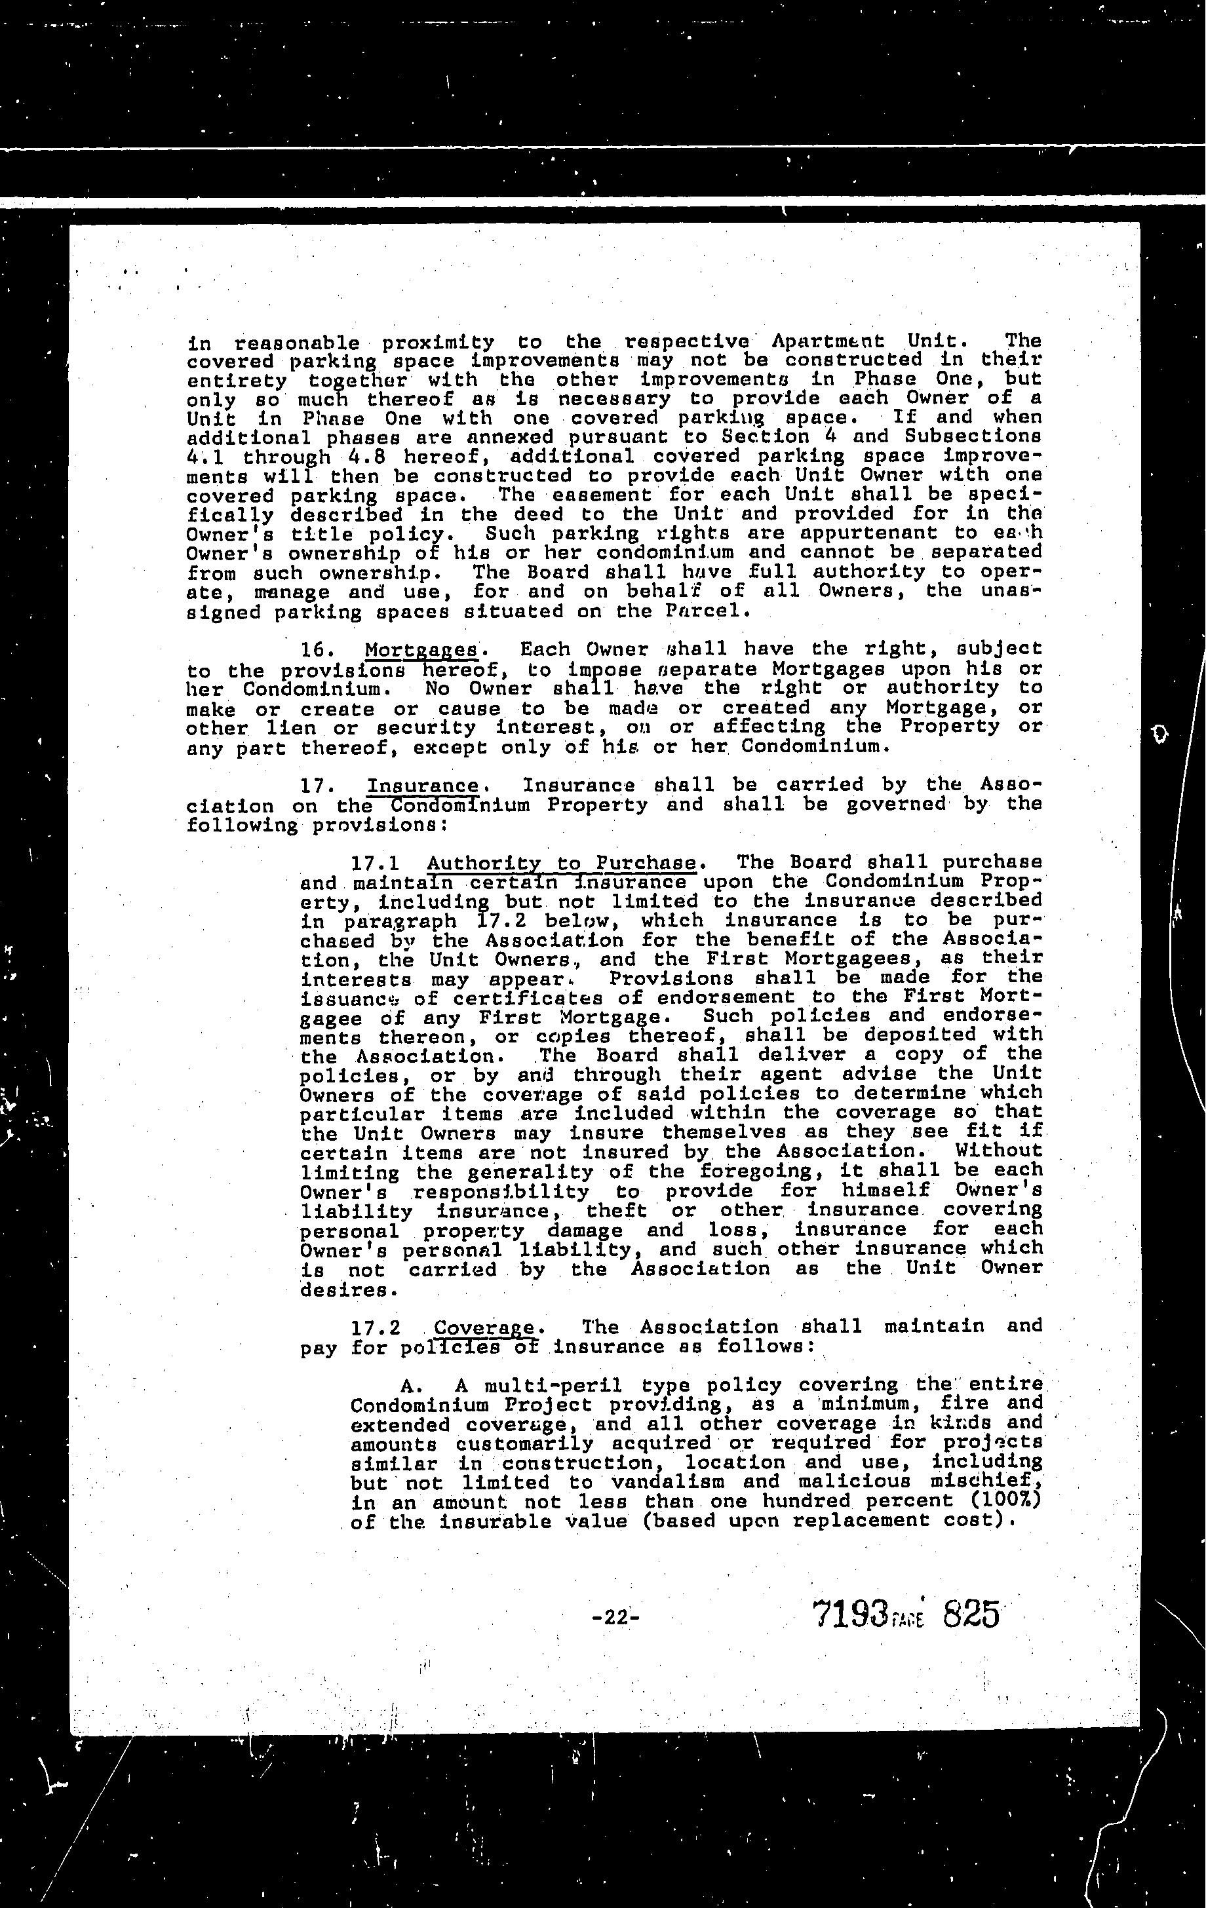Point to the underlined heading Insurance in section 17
coord(423,787)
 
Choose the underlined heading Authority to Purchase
coord(562,862)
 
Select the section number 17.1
coord(376,862)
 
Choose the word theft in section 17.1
coord(615,1211)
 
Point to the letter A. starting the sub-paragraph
coord(409,1386)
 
